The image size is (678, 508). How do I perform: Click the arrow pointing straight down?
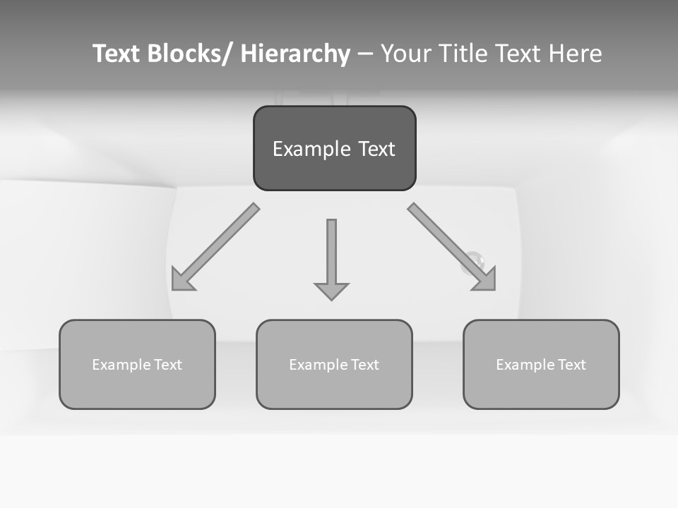(331, 258)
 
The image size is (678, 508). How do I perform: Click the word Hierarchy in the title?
(295, 54)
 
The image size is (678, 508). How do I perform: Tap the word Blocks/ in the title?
(190, 54)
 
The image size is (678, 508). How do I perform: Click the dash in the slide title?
(365, 54)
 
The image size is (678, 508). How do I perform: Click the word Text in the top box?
(376, 149)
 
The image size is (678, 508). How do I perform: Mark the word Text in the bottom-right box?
(571, 365)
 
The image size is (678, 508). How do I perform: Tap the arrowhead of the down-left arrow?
(183, 279)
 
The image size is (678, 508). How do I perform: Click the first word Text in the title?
(117, 54)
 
